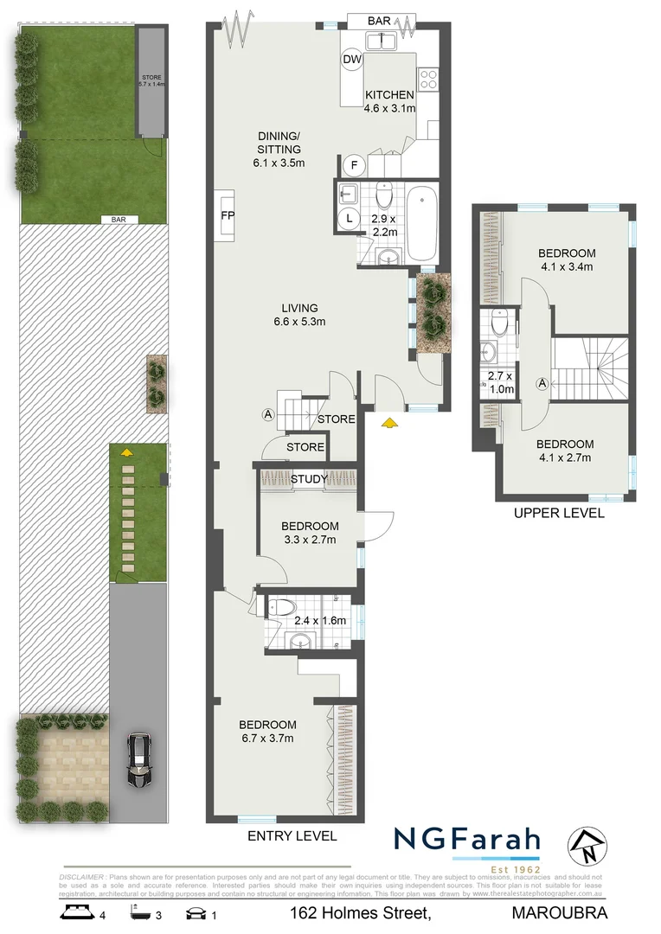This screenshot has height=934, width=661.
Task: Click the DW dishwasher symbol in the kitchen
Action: [x=352, y=59]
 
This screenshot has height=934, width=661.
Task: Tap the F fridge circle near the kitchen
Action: [x=356, y=165]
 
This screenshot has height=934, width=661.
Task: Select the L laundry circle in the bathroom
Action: [x=350, y=219]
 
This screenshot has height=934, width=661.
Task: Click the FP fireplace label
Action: [x=228, y=215]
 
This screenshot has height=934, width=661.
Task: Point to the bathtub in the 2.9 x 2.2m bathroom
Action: [x=423, y=224]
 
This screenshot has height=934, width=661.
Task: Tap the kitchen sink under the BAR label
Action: [x=381, y=40]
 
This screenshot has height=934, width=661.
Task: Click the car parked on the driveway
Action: [x=138, y=760]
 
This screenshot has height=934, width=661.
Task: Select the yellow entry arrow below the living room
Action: [x=389, y=422]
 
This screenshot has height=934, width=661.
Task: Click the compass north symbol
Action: [x=587, y=846]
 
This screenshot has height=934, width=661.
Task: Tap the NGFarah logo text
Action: [x=467, y=840]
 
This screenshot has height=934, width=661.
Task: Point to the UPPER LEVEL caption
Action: [x=559, y=513]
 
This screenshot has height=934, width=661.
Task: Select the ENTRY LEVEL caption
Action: [x=292, y=836]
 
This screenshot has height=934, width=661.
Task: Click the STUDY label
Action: [x=309, y=479]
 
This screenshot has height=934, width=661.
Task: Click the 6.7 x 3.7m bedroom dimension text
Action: [x=267, y=739]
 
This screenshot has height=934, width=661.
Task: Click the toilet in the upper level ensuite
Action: [x=499, y=323]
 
